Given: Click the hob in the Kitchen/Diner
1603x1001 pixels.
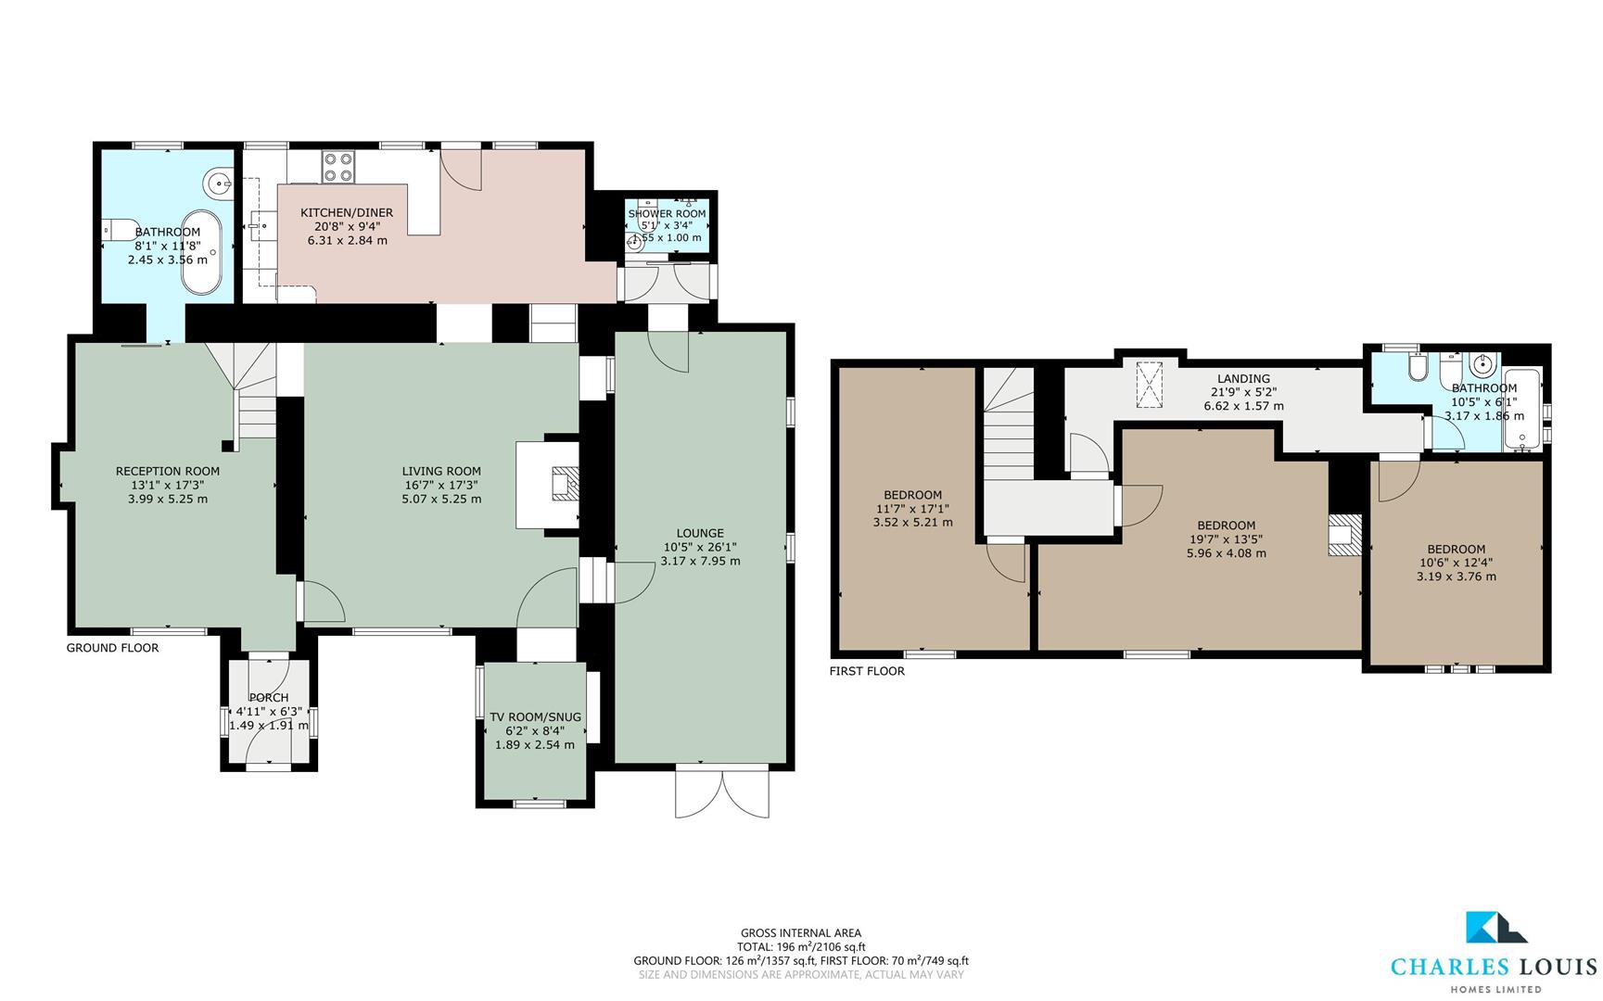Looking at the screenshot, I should (x=337, y=167).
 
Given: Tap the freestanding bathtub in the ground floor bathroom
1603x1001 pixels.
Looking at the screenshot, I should (x=203, y=252).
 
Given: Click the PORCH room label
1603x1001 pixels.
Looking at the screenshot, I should (x=269, y=698).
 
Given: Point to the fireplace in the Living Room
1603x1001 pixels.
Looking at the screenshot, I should (x=563, y=485).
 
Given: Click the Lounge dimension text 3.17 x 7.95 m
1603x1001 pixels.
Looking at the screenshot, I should (x=700, y=561).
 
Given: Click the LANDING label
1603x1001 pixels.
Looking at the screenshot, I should (x=1243, y=378).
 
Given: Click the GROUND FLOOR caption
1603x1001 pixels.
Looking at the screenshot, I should (x=112, y=648).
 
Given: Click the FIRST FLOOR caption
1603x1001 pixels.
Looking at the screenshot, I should (x=867, y=671).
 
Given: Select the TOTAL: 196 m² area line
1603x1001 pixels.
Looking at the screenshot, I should (x=801, y=947).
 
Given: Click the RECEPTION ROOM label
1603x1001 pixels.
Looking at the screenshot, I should (x=168, y=471).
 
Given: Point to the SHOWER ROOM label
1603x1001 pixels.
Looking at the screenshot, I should (x=667, y=213).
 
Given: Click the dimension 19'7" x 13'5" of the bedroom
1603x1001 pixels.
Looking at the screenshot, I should (x=1226, y=539).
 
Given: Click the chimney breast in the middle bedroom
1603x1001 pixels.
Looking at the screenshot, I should (x=1343, y=535).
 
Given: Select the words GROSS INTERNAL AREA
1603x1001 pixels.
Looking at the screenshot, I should (x=801, y=933).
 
